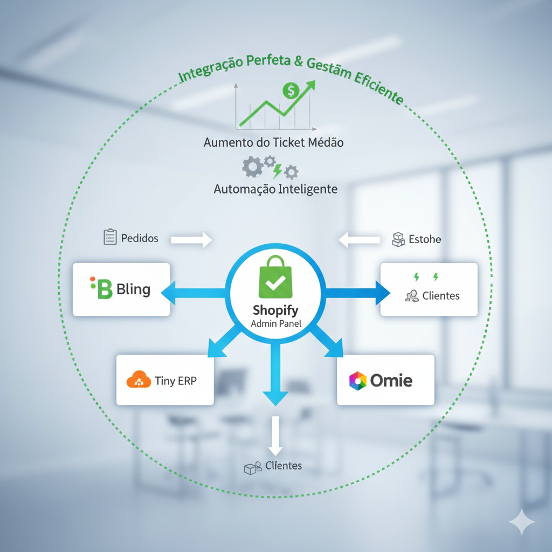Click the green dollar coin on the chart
click(291, 91)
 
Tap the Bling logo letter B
click(102, 289)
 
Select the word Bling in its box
click(133, 289)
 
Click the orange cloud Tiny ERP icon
click(138, 380)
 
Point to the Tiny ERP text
click(176, 381)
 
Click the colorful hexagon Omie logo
click(357, 381)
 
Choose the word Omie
click(391, 381)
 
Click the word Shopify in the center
click(275, 311)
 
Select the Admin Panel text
click(276, 325)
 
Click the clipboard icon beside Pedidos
click(110, 237)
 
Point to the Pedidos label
click(140, 238)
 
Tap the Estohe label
click(425, 239)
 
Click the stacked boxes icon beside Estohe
click(398, 239)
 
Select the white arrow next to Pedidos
click(191, 239)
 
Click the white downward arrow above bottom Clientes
click(275, 434)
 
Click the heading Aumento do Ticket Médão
click(273, 143)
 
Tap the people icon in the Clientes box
click(412, 295)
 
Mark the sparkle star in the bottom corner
click(522, 522)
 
